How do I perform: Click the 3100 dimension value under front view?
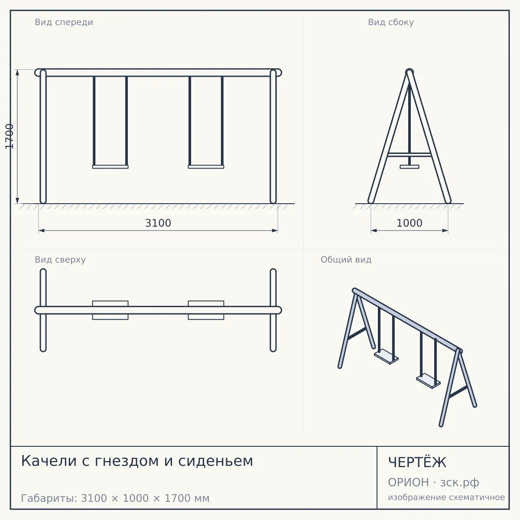coord(158,223)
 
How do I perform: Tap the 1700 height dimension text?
coord(10,136)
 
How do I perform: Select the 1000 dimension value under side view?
coord(409,223)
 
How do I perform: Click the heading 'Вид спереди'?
coord(64,22)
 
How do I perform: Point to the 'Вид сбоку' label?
coord(391,22)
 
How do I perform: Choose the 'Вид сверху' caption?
coord(60,260)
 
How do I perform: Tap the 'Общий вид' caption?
coord(346,260)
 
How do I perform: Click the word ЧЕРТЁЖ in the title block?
coord(417,462)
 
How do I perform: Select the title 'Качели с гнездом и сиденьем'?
coord(137,461)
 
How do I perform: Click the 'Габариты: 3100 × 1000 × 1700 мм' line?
coord(115,498)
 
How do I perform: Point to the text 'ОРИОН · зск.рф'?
coord(433,482)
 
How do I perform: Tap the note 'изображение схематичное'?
coord(446,497)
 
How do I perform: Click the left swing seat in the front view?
coord(110,167)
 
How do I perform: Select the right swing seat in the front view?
coord(206,167)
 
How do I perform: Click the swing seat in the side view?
coord(409,167)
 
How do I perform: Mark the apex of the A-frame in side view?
coord(409,71)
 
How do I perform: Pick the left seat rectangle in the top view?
coord(110,310)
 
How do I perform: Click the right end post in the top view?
coord(273,310)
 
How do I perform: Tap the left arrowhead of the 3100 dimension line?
coord(41,231)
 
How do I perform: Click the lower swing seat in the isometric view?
coord(428,381)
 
